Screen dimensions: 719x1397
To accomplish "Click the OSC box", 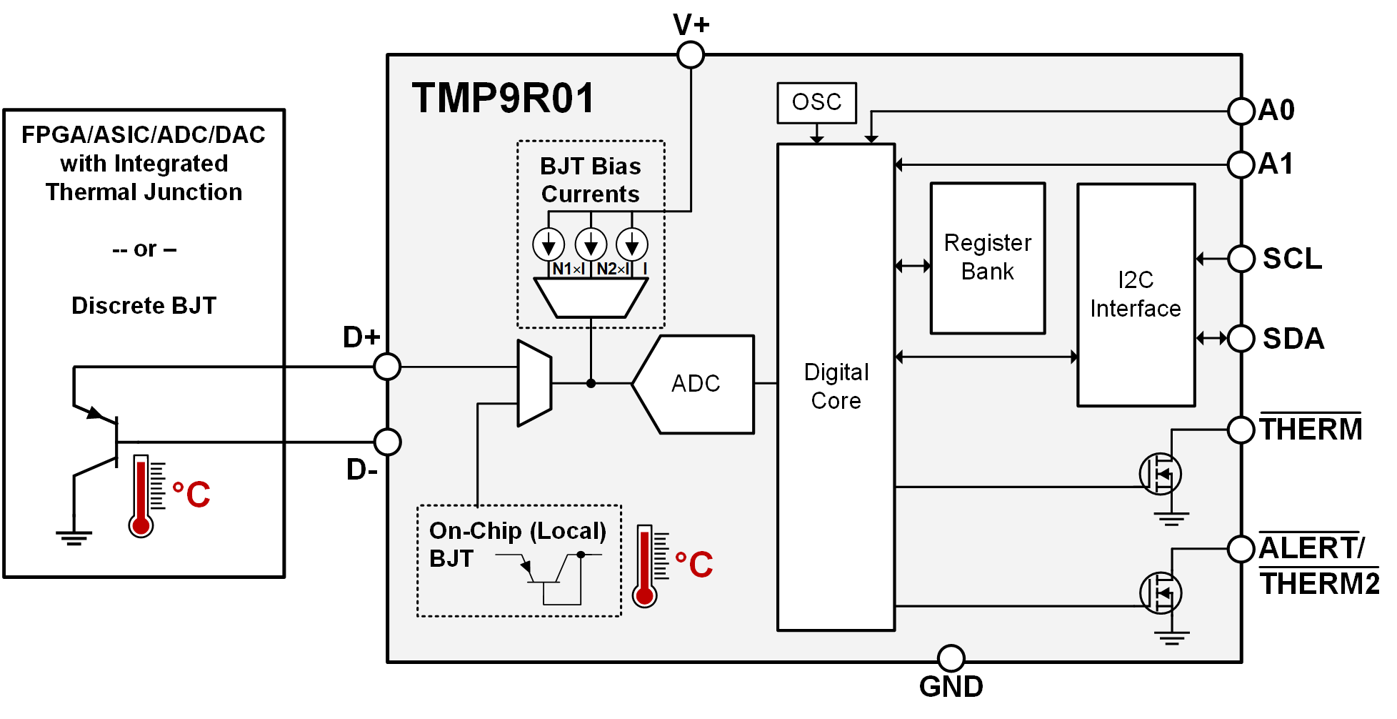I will coord(816,103).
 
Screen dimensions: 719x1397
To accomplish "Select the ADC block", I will coord(695,384).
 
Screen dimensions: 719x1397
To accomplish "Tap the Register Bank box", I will coord(987,258).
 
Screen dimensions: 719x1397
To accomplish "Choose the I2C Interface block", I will coord(1136,294).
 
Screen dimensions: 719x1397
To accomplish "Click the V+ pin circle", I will coord(691,54).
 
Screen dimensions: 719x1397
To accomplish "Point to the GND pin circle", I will coord(951,658).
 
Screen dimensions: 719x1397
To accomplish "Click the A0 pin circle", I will coord(1241,111).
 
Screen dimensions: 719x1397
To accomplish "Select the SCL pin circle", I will coord(1241,259).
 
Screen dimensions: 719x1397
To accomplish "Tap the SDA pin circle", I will coord(1241,338).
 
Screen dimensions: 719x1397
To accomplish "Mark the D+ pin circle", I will coord(387,367).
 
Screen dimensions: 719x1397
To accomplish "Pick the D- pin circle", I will coord(387,442).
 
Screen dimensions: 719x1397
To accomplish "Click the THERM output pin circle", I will coord(1241,430).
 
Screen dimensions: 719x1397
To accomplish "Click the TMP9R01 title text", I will coord(503,99).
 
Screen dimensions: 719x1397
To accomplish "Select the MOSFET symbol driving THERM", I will coord(1160,474).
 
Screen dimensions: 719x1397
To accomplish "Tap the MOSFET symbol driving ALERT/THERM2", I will coord(1160,593).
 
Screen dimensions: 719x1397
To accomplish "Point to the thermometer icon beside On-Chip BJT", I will coord(645,565).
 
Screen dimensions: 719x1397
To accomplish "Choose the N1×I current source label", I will coord(569,269).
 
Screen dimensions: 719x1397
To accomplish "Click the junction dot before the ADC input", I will coord(591,384).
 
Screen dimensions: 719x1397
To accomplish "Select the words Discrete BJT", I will coord(144,306).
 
